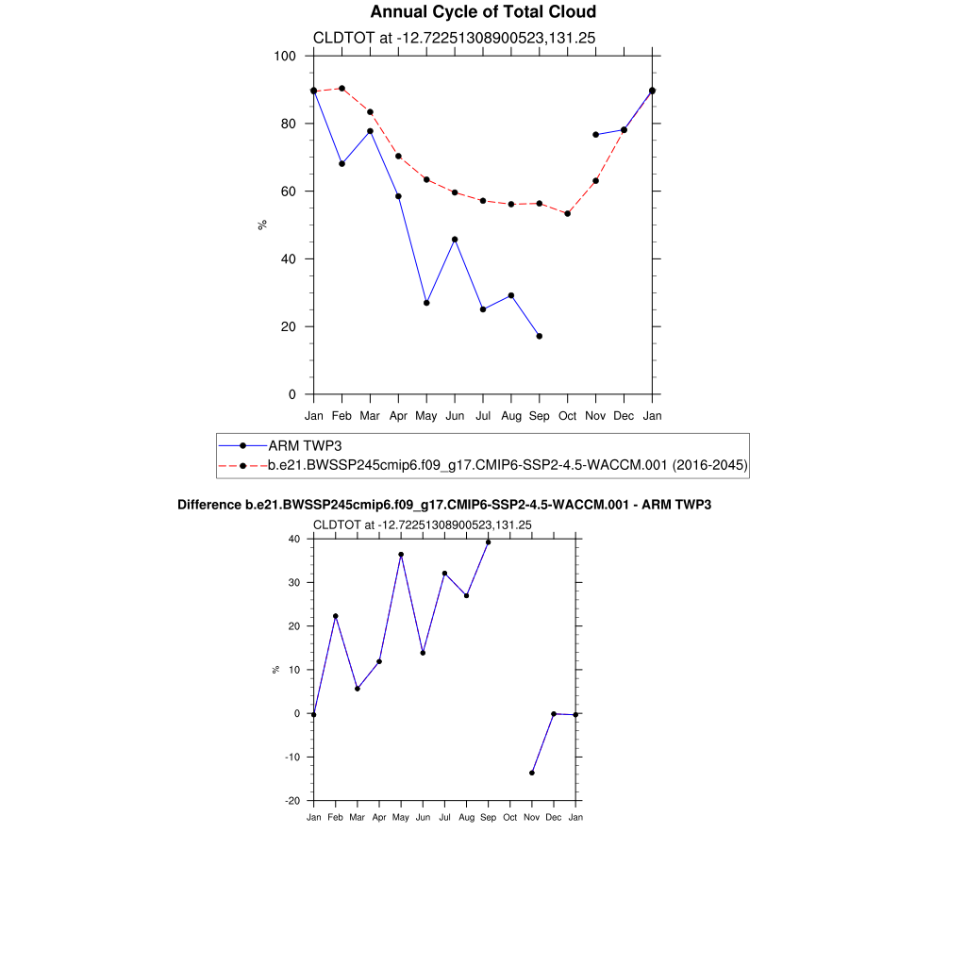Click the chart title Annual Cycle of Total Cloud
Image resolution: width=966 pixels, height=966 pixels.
(483, 12)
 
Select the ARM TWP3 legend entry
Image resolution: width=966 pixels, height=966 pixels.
(304, 445)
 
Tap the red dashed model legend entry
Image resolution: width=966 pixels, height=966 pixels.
(507, 465)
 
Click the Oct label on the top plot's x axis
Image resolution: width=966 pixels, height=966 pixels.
(567, 415)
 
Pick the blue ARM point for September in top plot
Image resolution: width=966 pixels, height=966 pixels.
(539, 336)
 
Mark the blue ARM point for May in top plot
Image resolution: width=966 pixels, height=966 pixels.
(426, 303)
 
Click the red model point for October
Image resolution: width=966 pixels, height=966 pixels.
(567, 213)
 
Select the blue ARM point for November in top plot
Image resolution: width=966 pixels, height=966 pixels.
(595, 135)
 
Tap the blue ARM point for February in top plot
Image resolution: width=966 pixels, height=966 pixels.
(341, 164)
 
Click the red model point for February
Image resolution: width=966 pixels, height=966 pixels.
(341, 89)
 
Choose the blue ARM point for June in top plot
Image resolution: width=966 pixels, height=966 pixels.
(455, 240)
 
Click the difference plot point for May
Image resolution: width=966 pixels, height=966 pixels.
(401, 555)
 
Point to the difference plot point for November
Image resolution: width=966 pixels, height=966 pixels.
(532, 773)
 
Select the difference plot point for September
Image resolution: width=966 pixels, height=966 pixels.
(488, 542)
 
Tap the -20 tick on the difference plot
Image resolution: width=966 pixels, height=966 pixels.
(292, 801)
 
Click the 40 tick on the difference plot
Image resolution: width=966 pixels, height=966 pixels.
(294, 540)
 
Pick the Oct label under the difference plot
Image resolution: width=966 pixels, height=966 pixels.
(509, 817)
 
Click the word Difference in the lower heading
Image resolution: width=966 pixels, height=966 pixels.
(208, 506)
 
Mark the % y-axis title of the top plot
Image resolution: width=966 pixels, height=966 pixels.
(262, 225)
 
